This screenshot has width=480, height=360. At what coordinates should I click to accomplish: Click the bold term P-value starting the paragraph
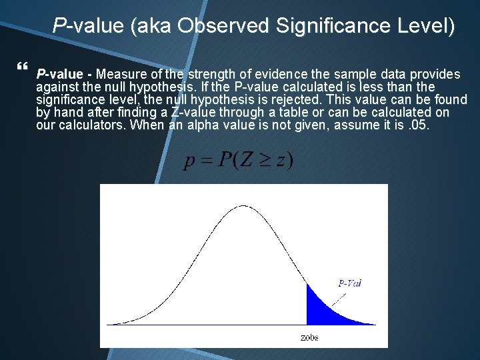(61, 73)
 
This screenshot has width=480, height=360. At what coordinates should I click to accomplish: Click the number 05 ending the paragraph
(421, 125)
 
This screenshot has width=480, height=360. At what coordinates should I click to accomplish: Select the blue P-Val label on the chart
(349, 283)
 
